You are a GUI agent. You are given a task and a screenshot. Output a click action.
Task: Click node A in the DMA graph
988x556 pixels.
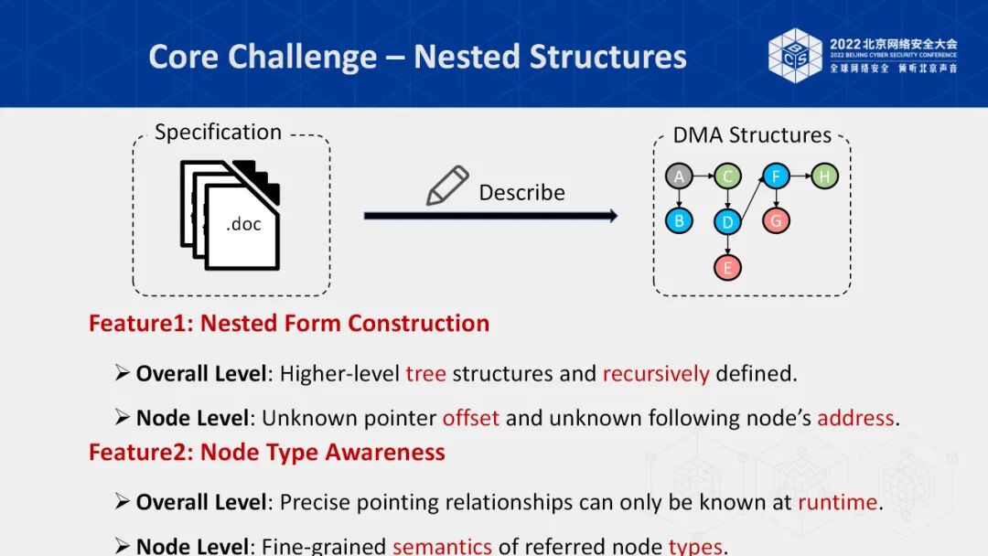point(679,176)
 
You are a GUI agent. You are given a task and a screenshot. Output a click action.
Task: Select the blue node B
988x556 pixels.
point(679,220)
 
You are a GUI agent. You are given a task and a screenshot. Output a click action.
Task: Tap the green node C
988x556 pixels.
point(727,176)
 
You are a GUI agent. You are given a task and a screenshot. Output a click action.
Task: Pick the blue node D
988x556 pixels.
point(727,222)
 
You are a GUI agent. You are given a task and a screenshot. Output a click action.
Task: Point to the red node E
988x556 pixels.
point(728,267)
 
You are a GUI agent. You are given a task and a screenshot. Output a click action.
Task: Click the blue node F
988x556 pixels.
point(776,176)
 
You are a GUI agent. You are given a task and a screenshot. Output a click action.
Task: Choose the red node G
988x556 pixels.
point(776,220)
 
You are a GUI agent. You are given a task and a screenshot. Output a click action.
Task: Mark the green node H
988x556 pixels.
point(824,176)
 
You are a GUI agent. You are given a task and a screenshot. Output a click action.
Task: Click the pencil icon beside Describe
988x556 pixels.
point(447,186)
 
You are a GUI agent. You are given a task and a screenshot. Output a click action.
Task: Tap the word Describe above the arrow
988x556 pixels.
point(521,193)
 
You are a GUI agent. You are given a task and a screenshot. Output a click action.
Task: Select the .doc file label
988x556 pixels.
point(243,224)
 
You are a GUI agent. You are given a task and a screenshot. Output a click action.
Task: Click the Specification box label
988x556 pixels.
point(218,133)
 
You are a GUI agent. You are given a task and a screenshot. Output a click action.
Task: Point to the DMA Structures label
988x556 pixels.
point(752,135)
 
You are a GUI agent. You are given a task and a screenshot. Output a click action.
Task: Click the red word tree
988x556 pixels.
point(426,374)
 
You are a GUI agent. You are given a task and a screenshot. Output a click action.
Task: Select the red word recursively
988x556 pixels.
point(655,374)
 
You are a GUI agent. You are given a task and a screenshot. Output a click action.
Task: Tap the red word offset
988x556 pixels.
point(470,419)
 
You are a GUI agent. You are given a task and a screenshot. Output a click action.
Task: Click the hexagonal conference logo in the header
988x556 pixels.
point(795,55)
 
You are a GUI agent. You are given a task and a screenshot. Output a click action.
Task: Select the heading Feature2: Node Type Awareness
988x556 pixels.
point(267,453)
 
